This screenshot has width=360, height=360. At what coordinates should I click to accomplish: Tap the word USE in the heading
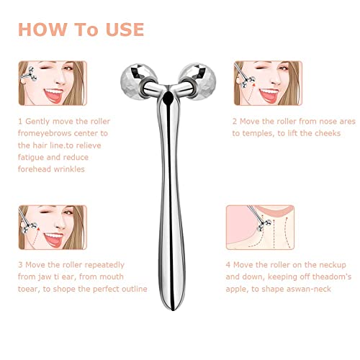pyautogui.click(x=122, y=30)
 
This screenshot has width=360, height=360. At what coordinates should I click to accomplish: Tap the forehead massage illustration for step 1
pyautogui.click(x=51, y=84)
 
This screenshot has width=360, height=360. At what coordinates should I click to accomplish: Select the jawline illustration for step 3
pyautogui.click(x=51, y=228)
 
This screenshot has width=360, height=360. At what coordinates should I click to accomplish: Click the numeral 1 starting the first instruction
pyautogui.click(x=19, y=122)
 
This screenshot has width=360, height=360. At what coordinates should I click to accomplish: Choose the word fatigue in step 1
pyautogui.click(x=33, y=158)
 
